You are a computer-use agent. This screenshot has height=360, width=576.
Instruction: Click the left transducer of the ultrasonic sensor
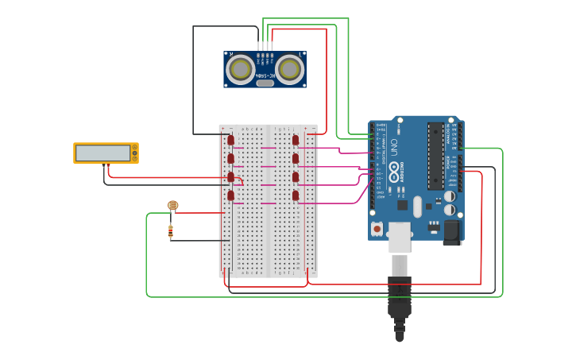click(x=240, y=69)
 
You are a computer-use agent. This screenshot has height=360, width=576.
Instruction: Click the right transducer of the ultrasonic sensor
click(x=289, y=69)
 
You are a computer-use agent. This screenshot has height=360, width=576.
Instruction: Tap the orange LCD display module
click(x=105, y=153)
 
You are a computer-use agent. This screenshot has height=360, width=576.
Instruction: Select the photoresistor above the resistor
click(x=172, y=205)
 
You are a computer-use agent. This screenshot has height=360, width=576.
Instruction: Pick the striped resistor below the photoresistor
click(x=171, y=231)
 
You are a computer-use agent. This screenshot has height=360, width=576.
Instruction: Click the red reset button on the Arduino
click(x=377, y=229)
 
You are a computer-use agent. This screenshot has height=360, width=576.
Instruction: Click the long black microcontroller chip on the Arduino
click(x=435, y=155)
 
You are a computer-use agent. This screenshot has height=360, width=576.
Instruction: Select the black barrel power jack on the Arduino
click(x=451, y=231)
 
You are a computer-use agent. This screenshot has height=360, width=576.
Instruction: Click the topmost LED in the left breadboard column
click(x=231, y=140)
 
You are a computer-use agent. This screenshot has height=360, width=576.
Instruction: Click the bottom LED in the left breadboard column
click(x=231, y=195)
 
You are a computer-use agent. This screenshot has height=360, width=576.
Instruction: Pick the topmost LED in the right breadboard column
click(x=296, y=140)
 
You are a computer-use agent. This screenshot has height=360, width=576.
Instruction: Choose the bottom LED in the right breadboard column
click(x=296, y=195)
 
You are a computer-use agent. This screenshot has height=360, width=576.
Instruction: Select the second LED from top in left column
click(x=231, y=159)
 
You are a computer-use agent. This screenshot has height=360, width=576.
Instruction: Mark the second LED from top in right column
click(x=296, y=159)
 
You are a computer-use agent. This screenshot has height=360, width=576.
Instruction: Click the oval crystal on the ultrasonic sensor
click(x=265, y=83)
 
